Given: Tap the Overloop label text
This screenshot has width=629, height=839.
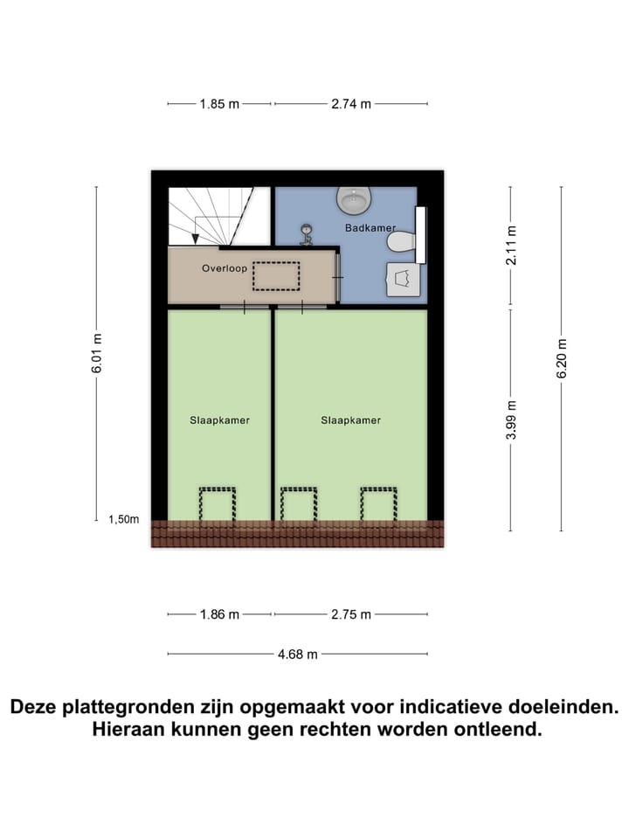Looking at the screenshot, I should (225, 268).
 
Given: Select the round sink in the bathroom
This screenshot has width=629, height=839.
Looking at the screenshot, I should (354, 202).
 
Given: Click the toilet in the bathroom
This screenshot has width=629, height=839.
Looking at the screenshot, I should (402, 240).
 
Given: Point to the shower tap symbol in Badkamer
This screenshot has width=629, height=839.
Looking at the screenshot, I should (307, 234).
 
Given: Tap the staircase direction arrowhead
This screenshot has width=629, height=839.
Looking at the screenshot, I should (195, 238).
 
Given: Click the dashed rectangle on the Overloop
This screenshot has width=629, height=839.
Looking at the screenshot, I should (276, 275).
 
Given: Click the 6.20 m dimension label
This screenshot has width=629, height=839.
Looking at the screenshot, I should (562, 358).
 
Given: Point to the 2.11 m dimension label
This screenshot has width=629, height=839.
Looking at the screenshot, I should (512, 246).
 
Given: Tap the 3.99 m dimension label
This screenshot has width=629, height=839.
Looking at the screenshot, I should (512, 419).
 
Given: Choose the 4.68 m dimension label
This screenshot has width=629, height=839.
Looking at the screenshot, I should (298, 654).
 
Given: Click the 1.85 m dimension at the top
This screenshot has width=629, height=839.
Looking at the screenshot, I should (219, 103).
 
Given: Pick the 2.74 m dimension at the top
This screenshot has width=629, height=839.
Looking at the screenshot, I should (351, 103).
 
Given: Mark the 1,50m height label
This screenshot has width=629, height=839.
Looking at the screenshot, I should (123, 519).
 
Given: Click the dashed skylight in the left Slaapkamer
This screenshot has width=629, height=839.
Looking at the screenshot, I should (218, 505).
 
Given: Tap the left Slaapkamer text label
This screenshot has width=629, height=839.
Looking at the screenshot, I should (220, 420).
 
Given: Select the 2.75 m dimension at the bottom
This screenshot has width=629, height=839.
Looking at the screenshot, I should (351, 614).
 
